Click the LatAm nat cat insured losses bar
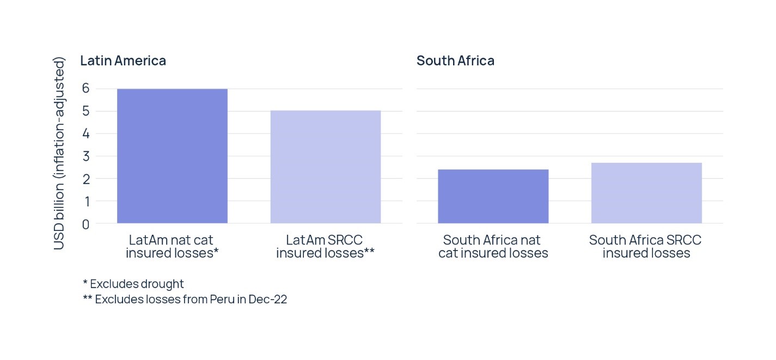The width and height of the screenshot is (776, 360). click(x=172, y=156)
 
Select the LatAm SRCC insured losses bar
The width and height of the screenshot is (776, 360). click(x=326, y=167)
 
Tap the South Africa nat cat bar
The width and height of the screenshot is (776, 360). click(x=493, y=196)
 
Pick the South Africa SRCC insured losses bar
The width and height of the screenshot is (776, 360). click(x=646, y=193)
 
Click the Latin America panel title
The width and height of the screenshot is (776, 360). click(x=123, y=60)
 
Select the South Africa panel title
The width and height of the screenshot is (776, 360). click(x=455, y=60)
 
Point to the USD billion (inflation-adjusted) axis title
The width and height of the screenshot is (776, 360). click(x=59, y=153)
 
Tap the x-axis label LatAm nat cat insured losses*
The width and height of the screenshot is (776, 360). click(x=172, y=246)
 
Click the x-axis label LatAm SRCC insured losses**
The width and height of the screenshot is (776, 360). click(x=325, y=246)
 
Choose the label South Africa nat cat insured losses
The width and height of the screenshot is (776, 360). click(x=493, y=246)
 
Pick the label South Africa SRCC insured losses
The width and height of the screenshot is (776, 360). click(x=646, y=246)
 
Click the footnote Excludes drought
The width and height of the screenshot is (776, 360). click(x=136, y=284)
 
